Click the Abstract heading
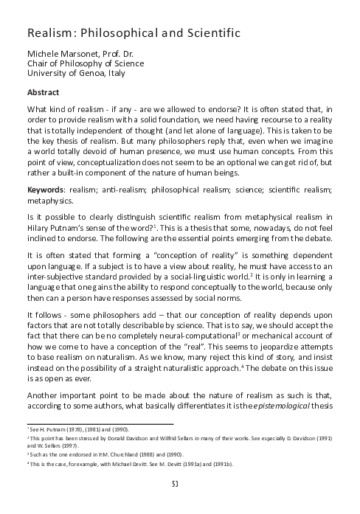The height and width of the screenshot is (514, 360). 44,94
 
